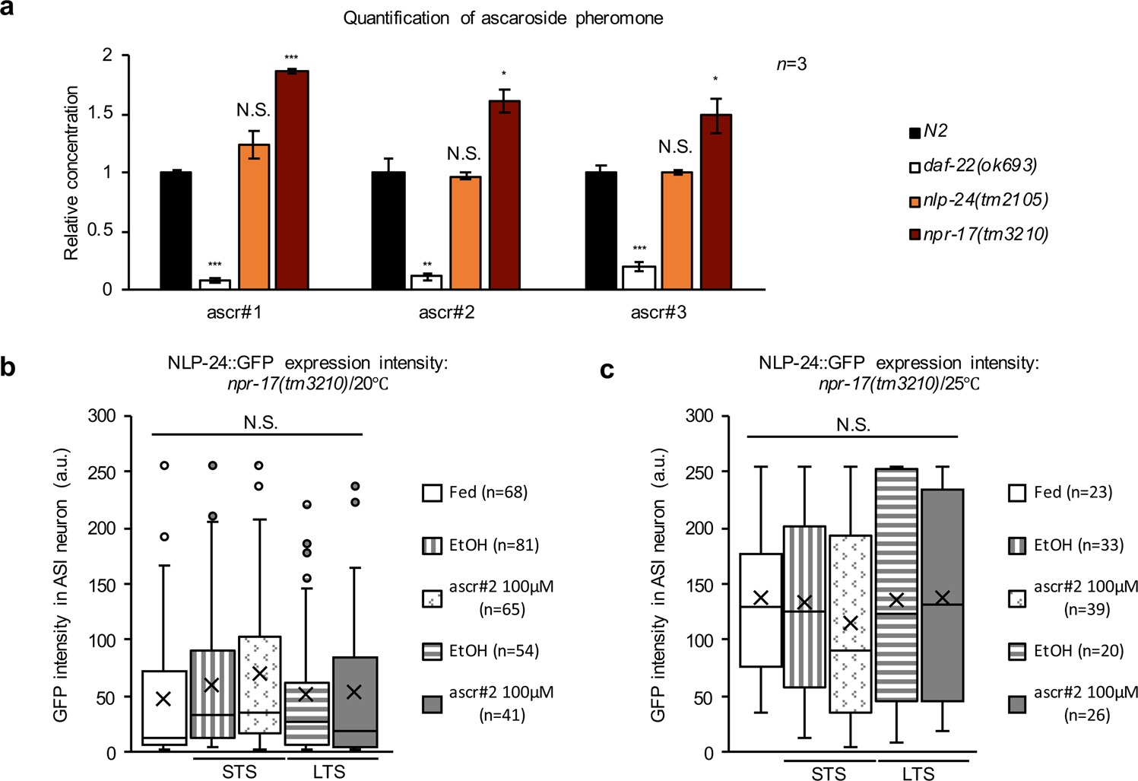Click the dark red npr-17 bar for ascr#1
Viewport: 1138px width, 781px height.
pos(291,180)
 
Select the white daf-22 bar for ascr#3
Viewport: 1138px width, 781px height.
pos(639,278)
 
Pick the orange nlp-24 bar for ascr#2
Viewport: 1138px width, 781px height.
pos(464,233)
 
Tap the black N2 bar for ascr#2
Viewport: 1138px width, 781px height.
pos(387,230)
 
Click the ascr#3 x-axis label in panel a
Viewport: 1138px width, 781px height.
pos(658,313)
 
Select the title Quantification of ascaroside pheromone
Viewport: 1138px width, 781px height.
pos(502,18)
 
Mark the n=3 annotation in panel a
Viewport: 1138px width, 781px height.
pos(791,65)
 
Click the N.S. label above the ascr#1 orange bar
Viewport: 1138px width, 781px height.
pos(253,111)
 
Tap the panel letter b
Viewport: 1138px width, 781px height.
pos(8,367)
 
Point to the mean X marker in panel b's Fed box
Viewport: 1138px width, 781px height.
pos(163,699)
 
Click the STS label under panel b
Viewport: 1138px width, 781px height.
pos(239,771)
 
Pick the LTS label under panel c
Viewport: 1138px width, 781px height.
pos(918,773)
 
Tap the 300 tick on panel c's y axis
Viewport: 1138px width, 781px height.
pos(699,416)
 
